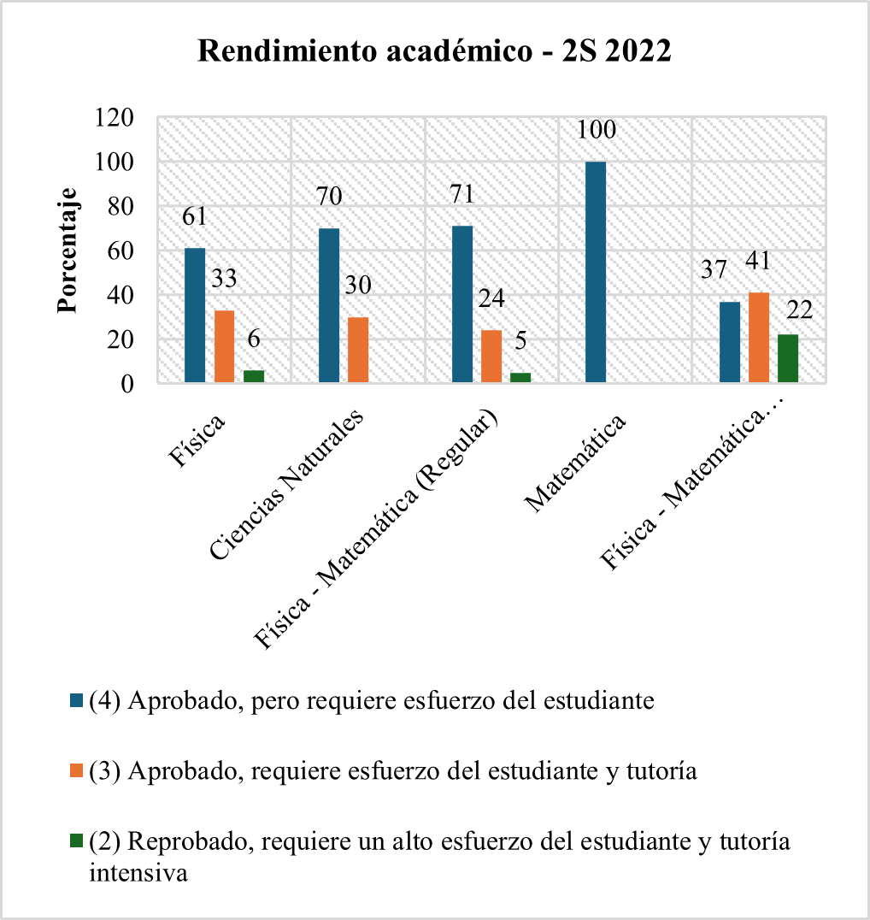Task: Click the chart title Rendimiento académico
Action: pos(434,50)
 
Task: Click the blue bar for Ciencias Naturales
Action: pos(329,305)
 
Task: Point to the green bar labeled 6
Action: pos(254,376)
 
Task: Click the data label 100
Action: pos(597,131)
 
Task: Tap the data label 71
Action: pos(462,195)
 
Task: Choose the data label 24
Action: pos(491,299)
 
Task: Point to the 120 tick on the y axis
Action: pos(115,118)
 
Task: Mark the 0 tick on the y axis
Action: pos(127,384)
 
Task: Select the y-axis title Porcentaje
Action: pos(68,251)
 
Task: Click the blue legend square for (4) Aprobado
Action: pos(77,701)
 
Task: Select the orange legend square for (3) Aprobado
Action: pos(77,771)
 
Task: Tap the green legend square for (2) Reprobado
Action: pos(77,841)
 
